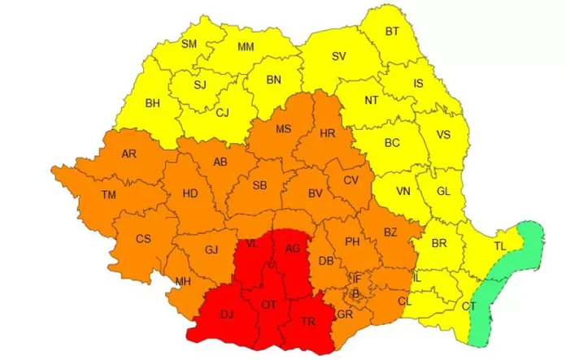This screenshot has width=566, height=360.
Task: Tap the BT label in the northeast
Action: point(392,32)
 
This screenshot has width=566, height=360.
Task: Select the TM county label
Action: point(108,195)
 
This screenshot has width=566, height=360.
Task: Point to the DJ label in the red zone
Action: point(226,314)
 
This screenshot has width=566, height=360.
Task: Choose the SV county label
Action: point(338,56)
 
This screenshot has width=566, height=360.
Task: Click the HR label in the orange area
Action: point(328,133)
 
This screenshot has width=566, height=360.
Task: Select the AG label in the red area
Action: point(292,249)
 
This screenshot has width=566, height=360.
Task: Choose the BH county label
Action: point(152,103)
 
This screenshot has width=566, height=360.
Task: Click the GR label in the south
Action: point(345,314)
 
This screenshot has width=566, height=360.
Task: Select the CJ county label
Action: point(222,113)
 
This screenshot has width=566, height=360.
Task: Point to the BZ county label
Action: point(390,232)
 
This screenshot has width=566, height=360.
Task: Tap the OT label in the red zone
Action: point(268,304)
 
